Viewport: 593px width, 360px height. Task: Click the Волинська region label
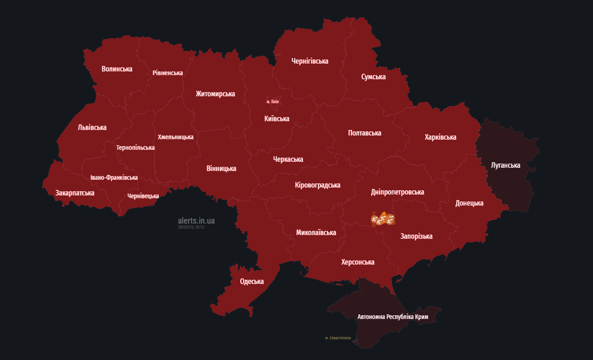coord(117,69)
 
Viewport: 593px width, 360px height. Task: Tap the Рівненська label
coord(167,73)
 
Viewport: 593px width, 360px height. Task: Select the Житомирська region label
coord(215,94)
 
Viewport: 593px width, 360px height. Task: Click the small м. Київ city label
coord(273,101)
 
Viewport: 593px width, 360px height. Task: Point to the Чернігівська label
coord(310,61)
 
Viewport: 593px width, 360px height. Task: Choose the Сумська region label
coord(373,76)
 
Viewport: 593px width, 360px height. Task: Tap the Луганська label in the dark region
coord(505,165)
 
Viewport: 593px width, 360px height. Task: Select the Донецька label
coord(469,203)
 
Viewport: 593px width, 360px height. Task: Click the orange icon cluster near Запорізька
coord(383,219)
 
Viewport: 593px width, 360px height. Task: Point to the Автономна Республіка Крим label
coord(393,317)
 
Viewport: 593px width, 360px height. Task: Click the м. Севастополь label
coord(338,338)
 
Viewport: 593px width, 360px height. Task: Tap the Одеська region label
coord(252,281)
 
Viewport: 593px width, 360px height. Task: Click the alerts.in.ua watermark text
coord(196,220)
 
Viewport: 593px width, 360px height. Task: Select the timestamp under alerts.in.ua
coord(191,227)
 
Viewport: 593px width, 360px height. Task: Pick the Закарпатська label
coord(74,193)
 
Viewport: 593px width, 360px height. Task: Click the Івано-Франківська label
coord(114,178)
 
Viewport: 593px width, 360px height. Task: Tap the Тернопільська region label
coord(135,147)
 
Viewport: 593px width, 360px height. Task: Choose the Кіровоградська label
coord(318,185)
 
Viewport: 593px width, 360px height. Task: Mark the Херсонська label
coord(357,262)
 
